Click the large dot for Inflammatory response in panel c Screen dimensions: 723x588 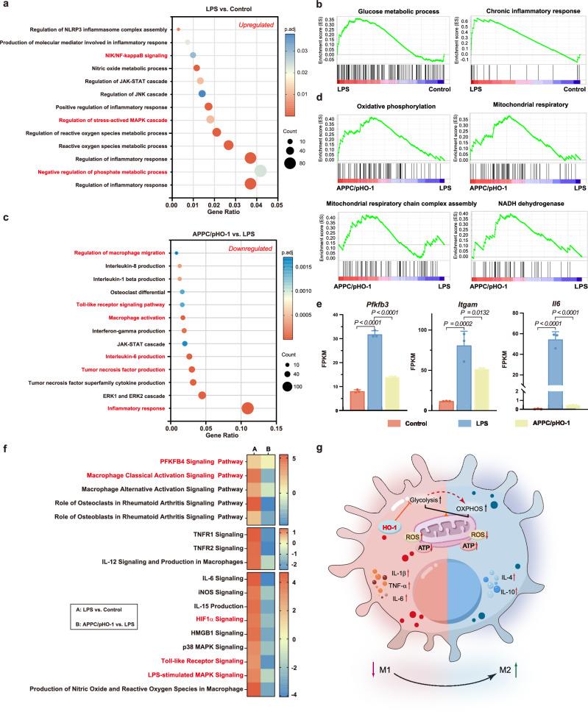pos(247,408)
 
